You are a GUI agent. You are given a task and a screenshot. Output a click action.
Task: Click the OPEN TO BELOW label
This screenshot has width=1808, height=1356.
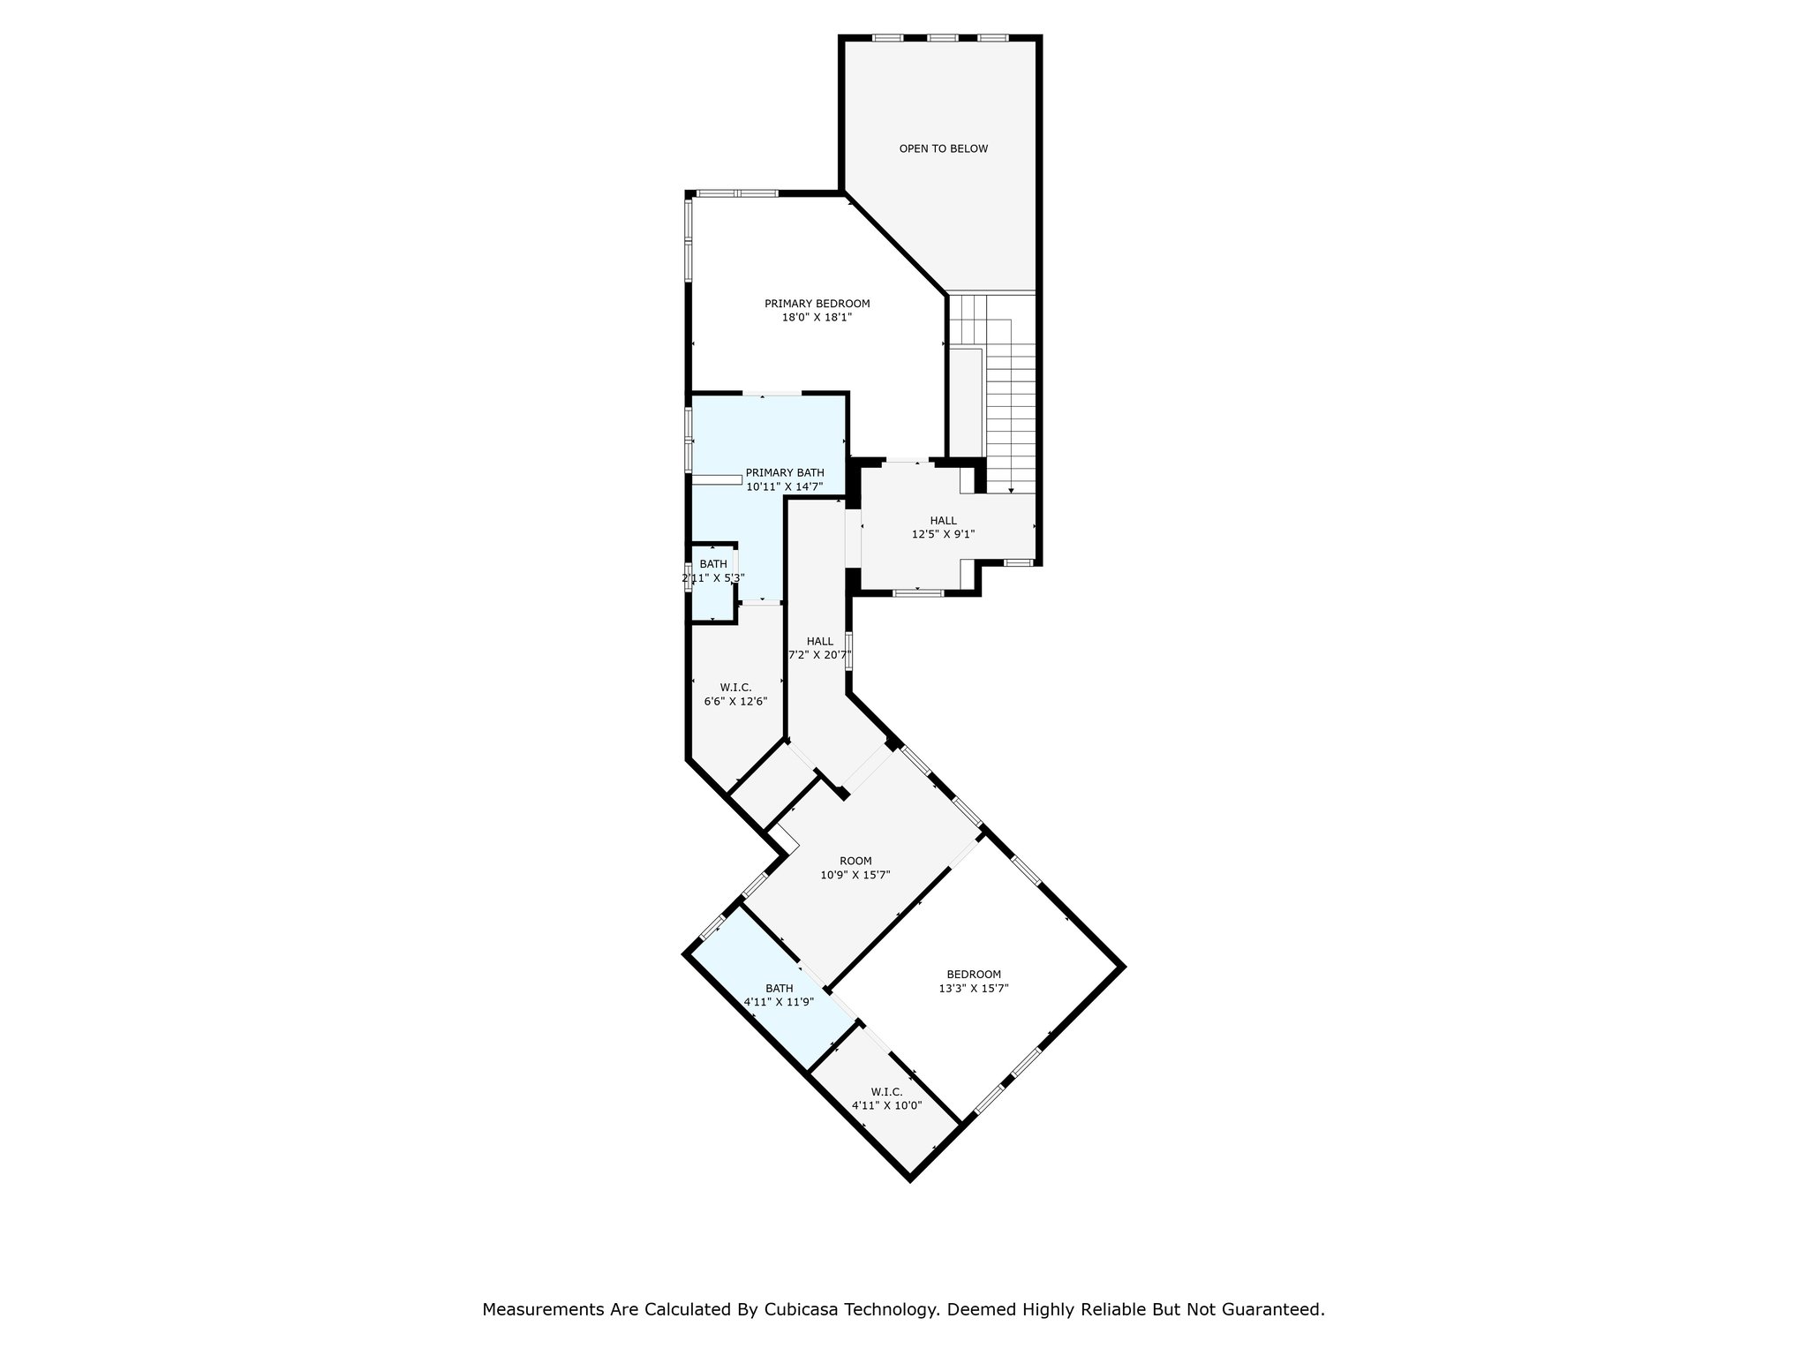point(943,149)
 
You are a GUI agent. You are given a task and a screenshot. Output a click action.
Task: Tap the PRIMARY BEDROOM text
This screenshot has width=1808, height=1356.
point(817,304)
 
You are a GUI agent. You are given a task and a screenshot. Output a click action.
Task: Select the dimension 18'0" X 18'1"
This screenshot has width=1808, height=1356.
point(817,318)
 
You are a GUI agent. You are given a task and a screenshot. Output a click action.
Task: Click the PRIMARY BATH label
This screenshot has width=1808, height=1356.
point(784,473)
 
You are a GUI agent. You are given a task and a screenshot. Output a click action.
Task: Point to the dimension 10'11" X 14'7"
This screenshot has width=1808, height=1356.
point(784,487)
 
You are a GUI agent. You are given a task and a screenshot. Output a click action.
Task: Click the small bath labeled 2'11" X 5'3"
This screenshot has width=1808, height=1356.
point(713,564)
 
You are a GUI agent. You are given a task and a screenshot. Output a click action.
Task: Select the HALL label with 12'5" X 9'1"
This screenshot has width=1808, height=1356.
point(943,521)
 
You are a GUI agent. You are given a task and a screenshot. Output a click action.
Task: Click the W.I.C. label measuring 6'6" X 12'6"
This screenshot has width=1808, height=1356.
point(735,688)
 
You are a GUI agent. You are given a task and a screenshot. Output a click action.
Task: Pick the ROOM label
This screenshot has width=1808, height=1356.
point(855,862)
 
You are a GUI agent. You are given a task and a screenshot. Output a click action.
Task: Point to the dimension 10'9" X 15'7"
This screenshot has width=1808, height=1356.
point(855,876)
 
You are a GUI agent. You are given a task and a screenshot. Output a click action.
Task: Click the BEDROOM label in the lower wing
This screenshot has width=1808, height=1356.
point(974,975)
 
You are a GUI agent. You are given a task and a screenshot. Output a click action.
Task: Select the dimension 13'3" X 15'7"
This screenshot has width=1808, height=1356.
point(974,989)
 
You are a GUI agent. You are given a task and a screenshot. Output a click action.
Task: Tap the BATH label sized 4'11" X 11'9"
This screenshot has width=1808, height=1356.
point(779,989)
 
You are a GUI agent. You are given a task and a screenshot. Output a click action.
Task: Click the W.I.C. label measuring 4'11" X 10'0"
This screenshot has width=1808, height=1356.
point(886,1092)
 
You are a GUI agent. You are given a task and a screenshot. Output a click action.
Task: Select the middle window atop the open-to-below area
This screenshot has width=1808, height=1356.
point(942,38)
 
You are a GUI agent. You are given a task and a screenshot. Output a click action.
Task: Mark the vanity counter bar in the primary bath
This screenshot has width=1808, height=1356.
point(716,479)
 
